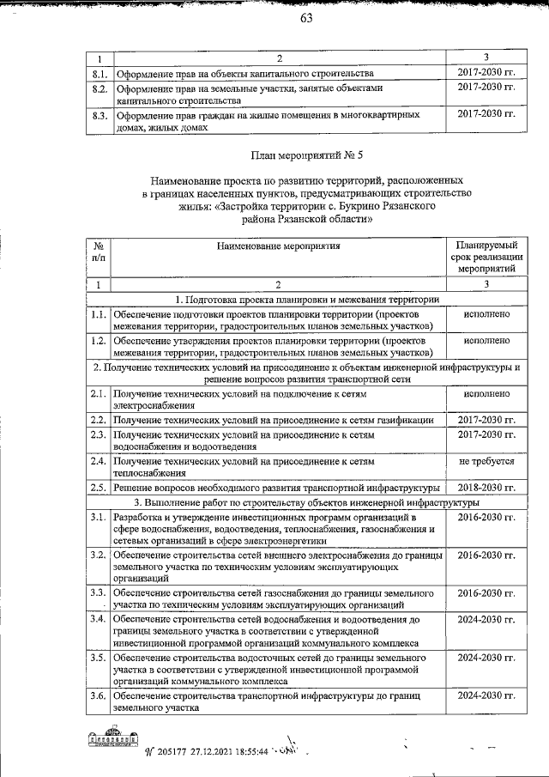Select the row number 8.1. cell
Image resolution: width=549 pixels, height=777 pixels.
tap(99, 74)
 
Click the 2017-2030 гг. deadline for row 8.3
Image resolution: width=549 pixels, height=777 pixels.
tap(486, 114)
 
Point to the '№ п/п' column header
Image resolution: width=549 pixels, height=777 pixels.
tap(99, 251)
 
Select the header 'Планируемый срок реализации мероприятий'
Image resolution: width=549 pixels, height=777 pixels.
tap(486, 257)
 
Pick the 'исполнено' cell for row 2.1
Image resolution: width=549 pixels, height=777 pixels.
tap(486, 394)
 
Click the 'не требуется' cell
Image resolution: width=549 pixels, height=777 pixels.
tap(486, 461)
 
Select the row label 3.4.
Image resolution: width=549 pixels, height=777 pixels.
tap(99, 619)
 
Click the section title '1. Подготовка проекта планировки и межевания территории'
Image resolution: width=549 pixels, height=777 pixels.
tap(307, 299)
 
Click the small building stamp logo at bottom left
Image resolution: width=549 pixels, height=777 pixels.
tap(112, 740)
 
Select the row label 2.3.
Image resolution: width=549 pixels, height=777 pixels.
tap(99, 435)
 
